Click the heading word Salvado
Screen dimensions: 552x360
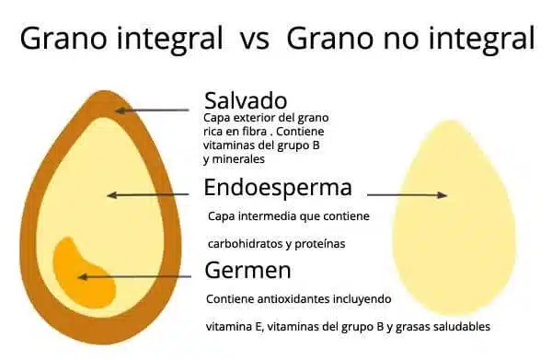coord(246,99)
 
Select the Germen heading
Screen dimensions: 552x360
coord(247,271)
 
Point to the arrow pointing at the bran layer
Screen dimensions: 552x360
coord(153,110)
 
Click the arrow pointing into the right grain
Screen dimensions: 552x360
coord(407,194)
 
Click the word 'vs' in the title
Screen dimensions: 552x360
coord(254,40)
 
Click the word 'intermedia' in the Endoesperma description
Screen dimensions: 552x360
coord(262,217)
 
